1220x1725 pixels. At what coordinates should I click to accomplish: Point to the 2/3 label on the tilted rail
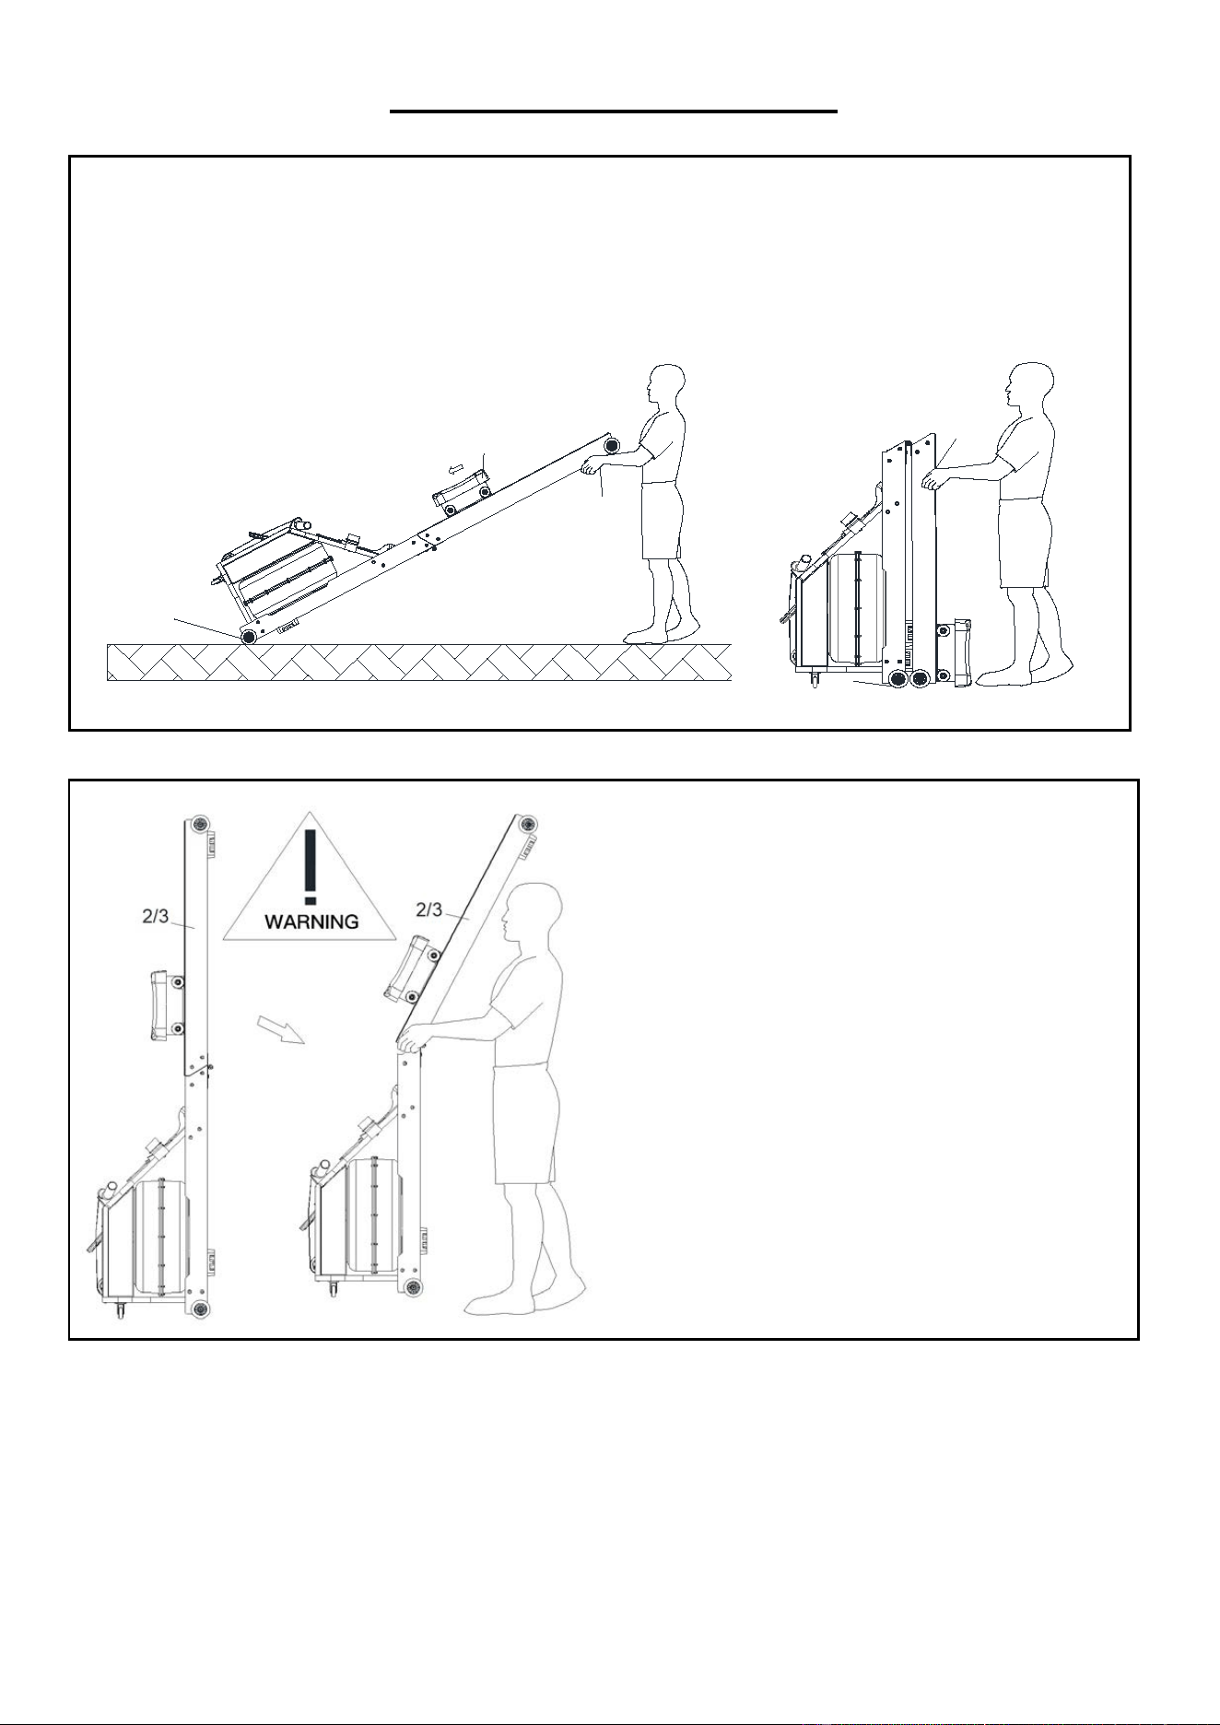click(429, 910)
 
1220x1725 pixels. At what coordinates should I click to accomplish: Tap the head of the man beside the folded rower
click(1028, 388)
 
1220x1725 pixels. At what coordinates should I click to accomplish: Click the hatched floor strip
click(419, 663)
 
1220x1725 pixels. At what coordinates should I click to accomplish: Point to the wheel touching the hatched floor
click(248, 636)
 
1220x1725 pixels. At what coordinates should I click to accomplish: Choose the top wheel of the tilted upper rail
click(526, 824)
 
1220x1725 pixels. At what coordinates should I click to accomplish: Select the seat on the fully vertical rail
click(166, 1003)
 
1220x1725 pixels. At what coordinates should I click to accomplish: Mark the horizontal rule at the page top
click(614, 112)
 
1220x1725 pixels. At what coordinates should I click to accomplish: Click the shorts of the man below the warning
click(523, 1122)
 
